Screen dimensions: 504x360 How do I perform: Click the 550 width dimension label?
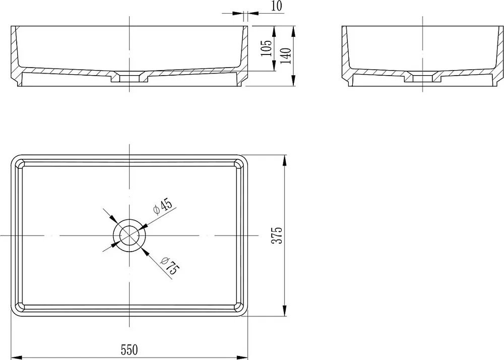[129, 349]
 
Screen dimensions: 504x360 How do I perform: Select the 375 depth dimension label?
[277, 235]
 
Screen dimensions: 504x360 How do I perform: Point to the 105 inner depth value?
[266, 48]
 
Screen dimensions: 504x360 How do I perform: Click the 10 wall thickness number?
[277, 6]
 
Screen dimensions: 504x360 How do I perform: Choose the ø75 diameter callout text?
[170, 265]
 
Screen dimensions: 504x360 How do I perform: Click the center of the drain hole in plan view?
[129, 235]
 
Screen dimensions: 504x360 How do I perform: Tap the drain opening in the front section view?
[129, 78]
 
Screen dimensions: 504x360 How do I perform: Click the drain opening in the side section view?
[422, 78]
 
